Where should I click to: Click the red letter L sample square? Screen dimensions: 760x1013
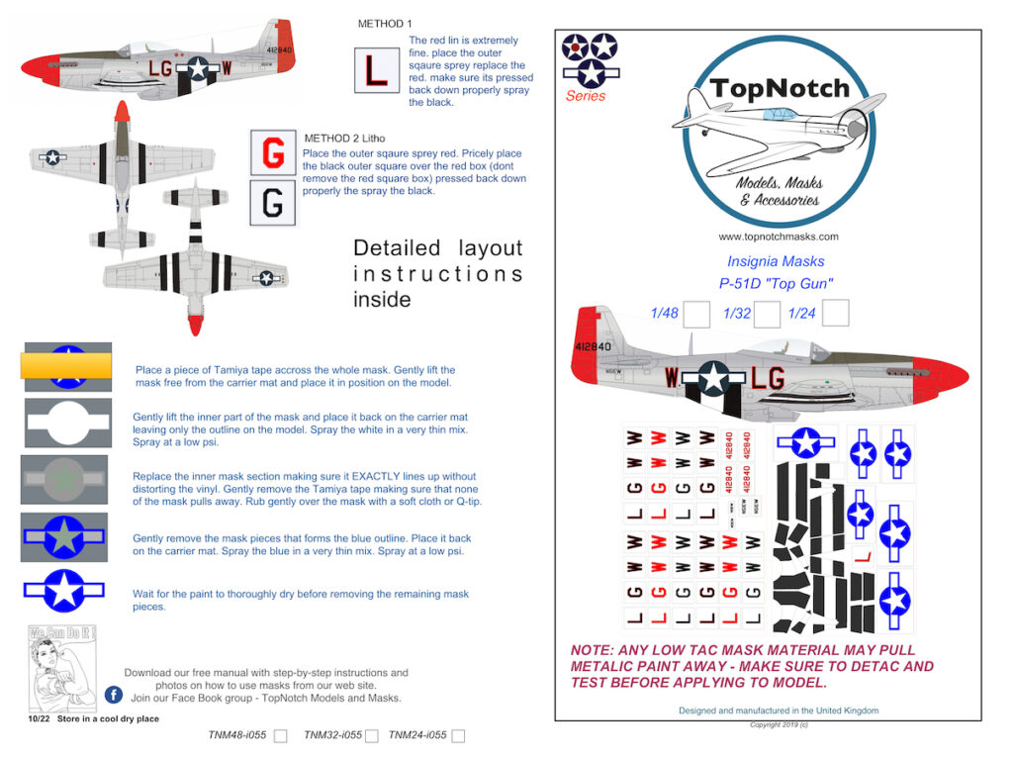(376, 70)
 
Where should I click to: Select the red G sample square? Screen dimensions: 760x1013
(273, 154)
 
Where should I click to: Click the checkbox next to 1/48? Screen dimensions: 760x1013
(696, 314)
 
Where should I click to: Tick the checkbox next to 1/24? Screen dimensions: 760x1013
(836, 314)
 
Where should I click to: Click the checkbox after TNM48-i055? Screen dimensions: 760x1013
(280, 736)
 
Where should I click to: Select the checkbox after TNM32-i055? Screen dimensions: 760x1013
(372, 736)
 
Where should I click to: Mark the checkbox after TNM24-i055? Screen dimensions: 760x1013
(458, 736)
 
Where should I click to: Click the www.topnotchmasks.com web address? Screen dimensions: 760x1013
(779, 237)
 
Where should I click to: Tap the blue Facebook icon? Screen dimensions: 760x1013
(114, 695)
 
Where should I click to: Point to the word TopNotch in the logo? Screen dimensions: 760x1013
(779, 88)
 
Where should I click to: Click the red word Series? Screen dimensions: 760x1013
(586, 96)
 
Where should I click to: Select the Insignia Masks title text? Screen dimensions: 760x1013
(776, 261)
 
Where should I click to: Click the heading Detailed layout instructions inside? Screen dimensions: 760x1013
(437, 273)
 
